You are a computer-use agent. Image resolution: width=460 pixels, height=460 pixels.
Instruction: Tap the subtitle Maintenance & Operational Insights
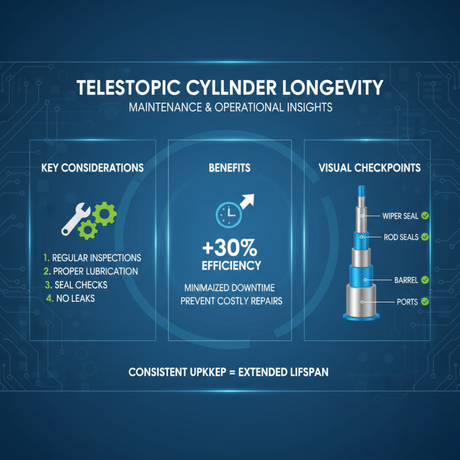[x=230, y=108]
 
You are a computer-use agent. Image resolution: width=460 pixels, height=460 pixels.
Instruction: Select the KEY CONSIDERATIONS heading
[x=93, y=168]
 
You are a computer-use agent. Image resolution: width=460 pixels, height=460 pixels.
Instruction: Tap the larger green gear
[x=104, y=214]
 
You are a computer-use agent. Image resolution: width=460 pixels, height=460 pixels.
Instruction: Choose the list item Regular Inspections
[x=92, y=258]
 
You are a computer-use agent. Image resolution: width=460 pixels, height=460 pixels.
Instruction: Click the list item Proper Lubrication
[x=90, y=271]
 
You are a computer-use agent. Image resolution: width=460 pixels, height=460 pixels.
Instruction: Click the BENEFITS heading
[x=229, y=168]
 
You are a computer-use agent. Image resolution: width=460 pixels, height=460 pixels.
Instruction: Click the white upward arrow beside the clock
[x=247, y=201]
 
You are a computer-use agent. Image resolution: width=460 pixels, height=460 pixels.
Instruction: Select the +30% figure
[x=230, y=248]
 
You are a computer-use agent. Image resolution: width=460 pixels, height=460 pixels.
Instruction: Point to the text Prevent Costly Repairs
[x=230, y=301]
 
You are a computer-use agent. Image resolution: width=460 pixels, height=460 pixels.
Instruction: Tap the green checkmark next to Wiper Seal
[x=425, y=216]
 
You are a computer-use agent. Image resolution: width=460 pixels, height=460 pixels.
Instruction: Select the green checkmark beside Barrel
[x=425, y=280]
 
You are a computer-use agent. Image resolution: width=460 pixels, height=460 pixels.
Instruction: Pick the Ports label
[x=407, y=301]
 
